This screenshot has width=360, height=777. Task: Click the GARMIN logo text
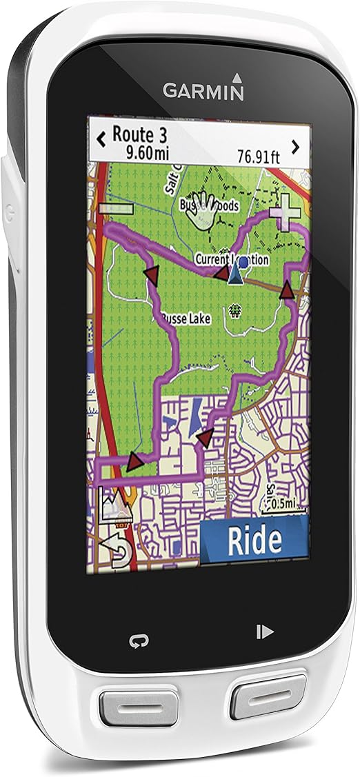pyautogui.click(x=203, y=90)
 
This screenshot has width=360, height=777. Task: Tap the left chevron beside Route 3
pyautogui.click(x=101, y=139)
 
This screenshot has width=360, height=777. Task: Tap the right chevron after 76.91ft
pyautogui.click(x=295, y=146)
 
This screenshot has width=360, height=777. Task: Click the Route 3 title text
pyautogui.click(x=140, y=133)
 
